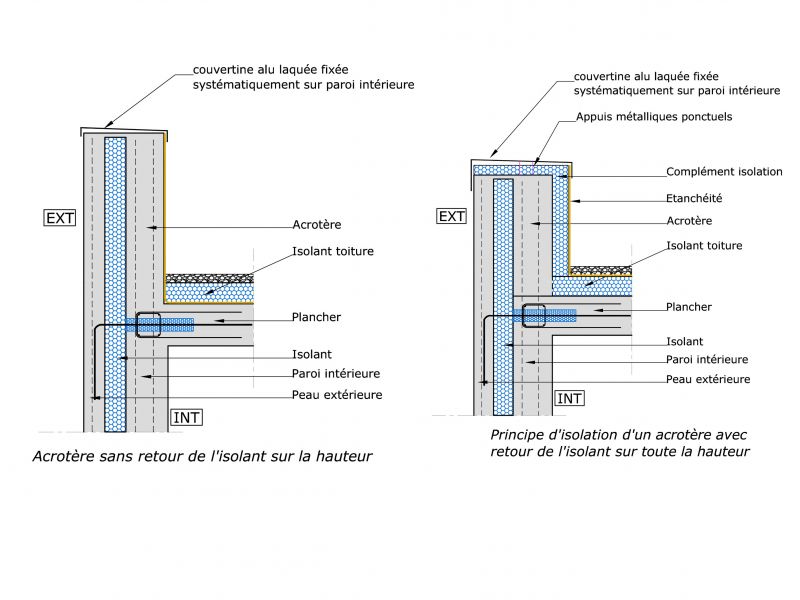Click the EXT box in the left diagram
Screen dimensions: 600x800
click(x=60, y=218)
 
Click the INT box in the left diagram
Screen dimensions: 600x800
click(x=187, y=417)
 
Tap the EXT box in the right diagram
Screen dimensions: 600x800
click(x=452, y=216)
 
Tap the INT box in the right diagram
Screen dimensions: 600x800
click(x=569, y=398)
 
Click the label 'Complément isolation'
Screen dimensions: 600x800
click(x=724, y=172)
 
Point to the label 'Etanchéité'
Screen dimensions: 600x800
click(x=694, y=198)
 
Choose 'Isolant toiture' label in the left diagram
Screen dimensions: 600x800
click(x=333, y=251)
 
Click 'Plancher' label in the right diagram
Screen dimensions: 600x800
click(x=689, y=308)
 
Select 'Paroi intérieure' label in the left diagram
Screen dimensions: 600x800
click(x=336, y=374)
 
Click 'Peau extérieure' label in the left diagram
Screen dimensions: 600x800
click(x=337, y=395)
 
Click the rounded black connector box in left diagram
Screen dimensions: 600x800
click(x=148, y=323)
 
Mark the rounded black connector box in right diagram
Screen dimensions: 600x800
click(x=533, y=316)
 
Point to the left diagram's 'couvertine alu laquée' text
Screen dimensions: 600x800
click(x=303, y=78)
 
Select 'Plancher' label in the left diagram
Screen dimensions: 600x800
click(x=316, y=317)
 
